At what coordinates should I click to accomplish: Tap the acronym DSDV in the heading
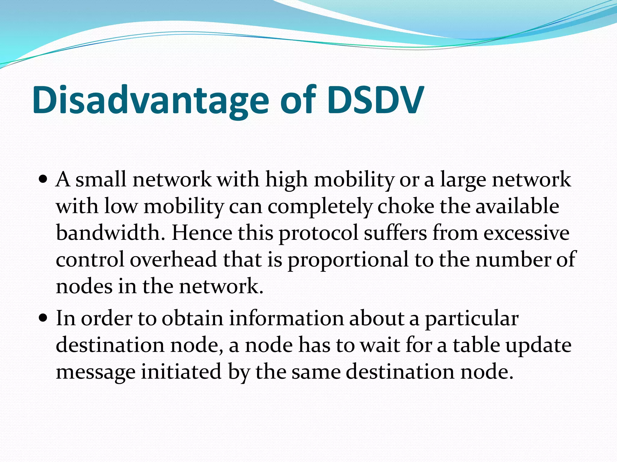point(375,101)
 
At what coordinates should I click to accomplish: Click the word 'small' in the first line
point(101,180)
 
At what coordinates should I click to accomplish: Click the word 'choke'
point(406,207)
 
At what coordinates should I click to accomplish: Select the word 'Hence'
point(202,233)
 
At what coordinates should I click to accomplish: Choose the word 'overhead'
point(173,260)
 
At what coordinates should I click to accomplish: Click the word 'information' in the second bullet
point(286,318)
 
